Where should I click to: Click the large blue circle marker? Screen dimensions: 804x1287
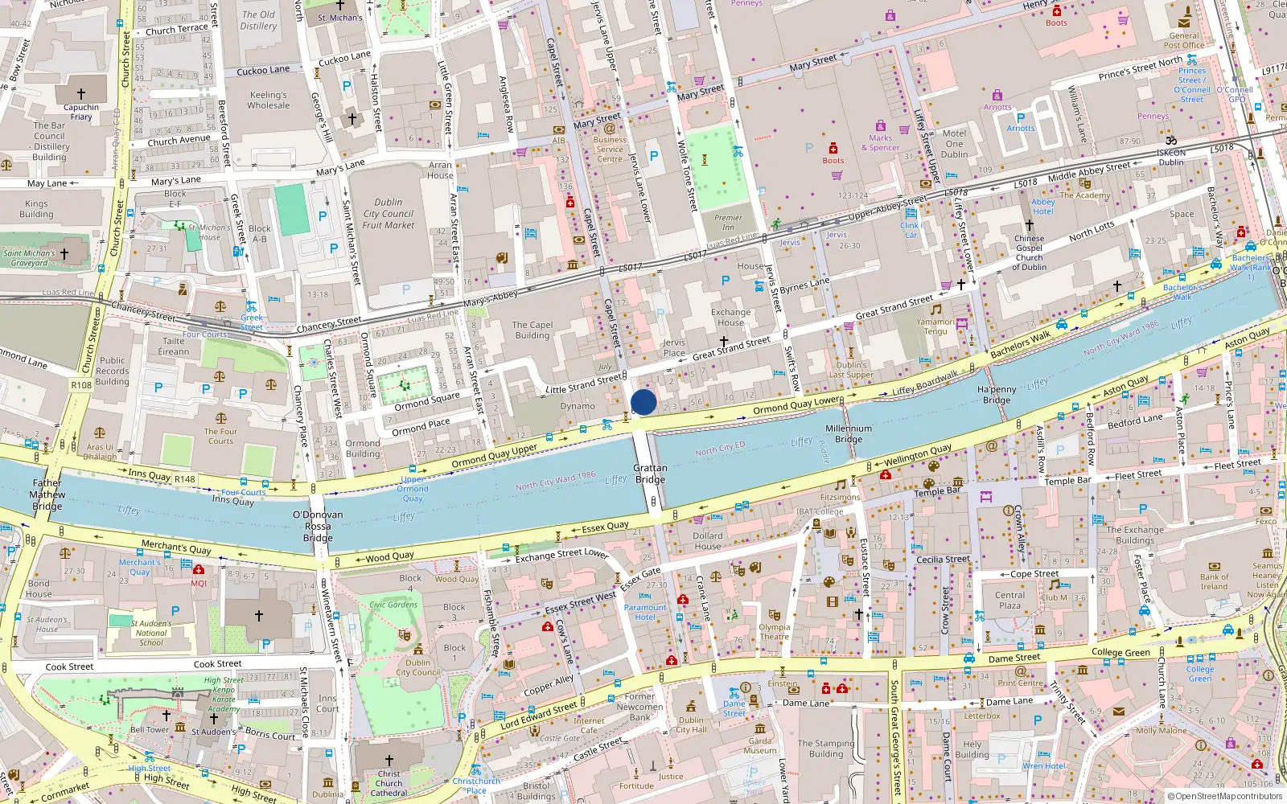tap(643, 402)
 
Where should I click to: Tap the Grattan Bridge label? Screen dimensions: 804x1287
tap(650, 474)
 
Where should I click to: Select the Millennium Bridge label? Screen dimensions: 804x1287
tap(848, 434)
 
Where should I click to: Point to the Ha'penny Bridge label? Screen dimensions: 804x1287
tap(997, 394)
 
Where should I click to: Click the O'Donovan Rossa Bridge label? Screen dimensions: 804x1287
tap(318, 526)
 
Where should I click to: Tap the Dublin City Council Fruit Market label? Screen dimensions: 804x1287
tap(389, 214)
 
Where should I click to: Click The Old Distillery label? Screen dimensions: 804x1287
tap(258, 20)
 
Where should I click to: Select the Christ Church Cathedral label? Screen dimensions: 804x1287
tap(389, 783)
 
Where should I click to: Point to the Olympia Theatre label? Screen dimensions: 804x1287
tap(774, 632)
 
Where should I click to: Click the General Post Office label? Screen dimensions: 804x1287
tap(1184, 40)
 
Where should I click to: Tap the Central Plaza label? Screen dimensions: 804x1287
tap(1009, 601)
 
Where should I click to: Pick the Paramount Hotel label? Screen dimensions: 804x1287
tap(645, 613)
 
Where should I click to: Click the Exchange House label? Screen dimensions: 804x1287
tap(730, 318)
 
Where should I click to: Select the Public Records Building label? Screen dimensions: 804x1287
tap(112, 371)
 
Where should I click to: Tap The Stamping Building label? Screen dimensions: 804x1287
tap(826, 749)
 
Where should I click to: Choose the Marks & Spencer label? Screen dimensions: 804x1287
tap(880, 143)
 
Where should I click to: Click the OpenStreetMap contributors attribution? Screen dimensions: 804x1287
tap(1224, 797)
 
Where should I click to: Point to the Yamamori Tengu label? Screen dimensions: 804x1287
tap(935, 326)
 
